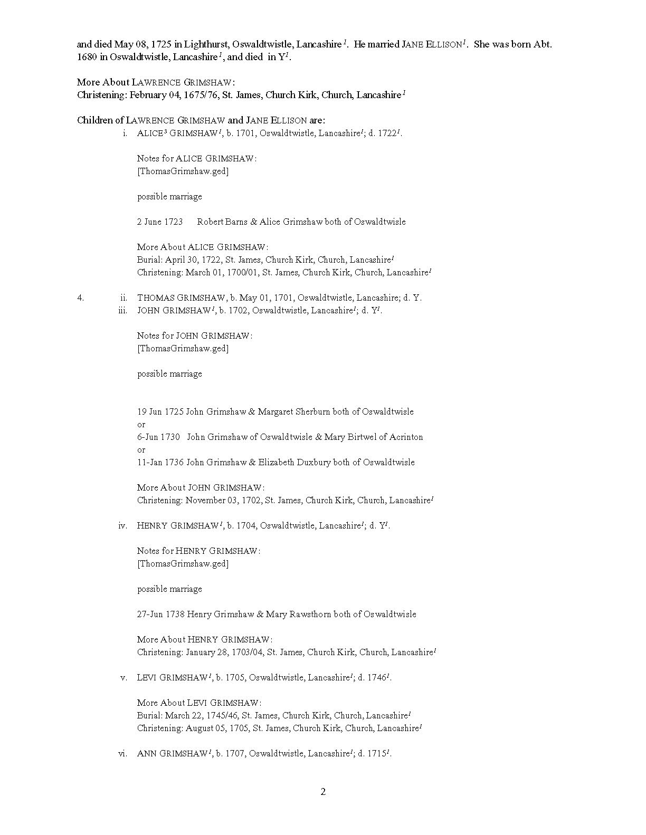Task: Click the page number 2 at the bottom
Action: pos(323,791)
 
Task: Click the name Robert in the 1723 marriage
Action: pos(210,222)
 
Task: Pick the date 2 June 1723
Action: pos(160,222)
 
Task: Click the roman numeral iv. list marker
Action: pos(122,525)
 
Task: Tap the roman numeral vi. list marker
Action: pos(122,753)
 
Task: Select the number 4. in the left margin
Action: pos(80,297)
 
